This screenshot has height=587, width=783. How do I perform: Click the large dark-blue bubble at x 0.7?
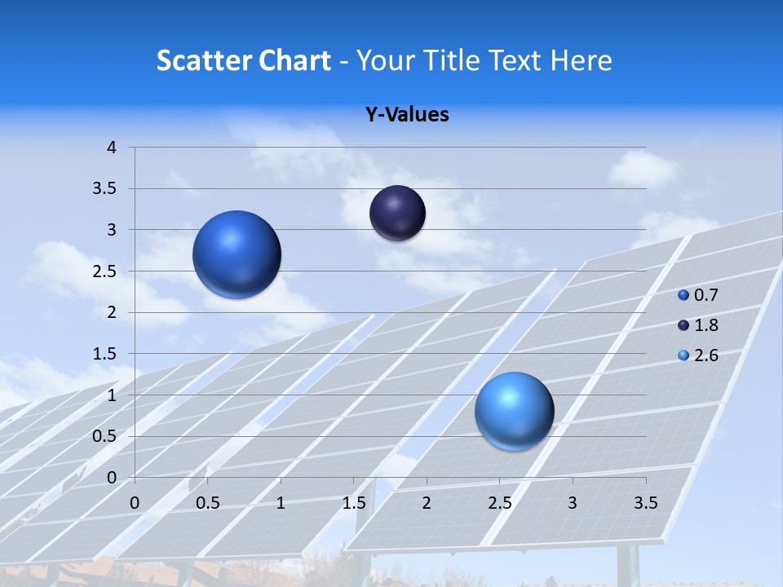tap(237, 254)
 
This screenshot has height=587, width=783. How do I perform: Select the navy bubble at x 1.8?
tap(397, 213)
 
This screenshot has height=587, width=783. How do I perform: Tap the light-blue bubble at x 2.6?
tap(514, 411)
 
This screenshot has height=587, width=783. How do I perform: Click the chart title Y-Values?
tap(406, 115)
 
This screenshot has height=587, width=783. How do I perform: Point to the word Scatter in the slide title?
tap(204, 60)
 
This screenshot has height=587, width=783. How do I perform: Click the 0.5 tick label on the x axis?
tap(208, 503)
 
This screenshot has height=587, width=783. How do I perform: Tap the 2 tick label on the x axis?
tap(427, 503)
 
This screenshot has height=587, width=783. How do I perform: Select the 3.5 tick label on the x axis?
tap(645, 503)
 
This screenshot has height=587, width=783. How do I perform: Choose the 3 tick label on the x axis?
tap(573, 503)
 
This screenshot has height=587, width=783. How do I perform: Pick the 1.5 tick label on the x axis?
tap(354, 503)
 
